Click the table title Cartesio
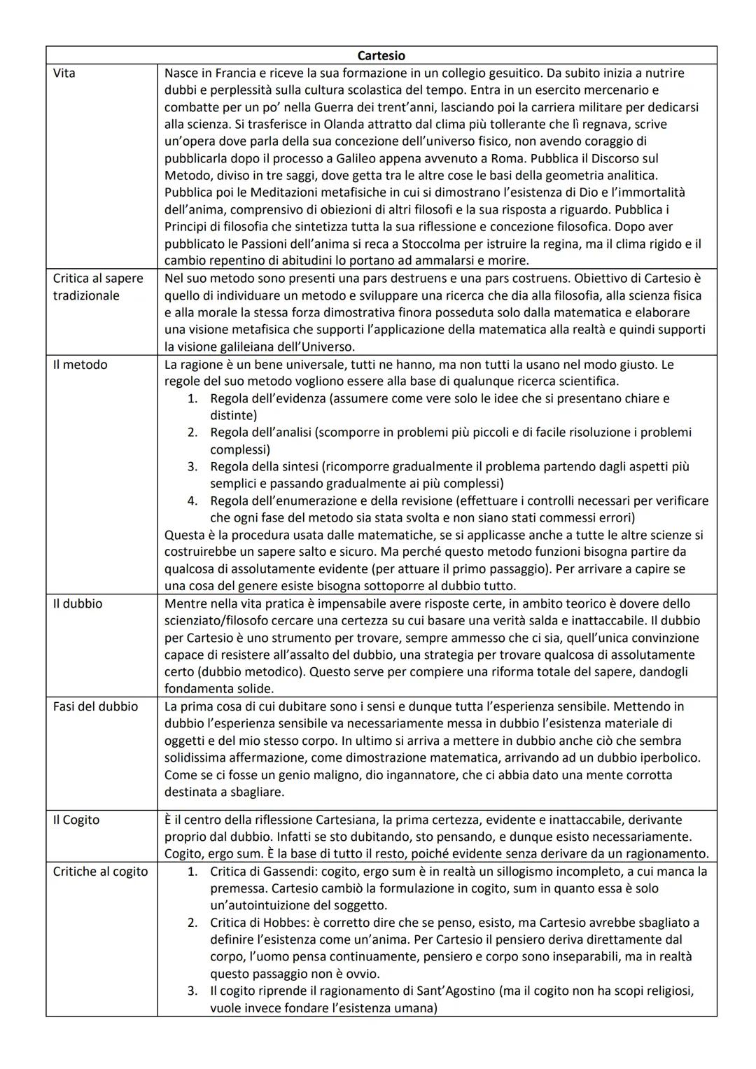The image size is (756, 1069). coord(381,55)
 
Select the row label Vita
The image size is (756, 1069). coord(64,73)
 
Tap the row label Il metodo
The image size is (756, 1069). coord(80,365)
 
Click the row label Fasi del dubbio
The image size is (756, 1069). coord(95,706)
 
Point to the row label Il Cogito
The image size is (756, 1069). coord(76,820)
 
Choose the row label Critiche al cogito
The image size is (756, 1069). coord(100,872)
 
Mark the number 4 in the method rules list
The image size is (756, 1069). coord(192,501)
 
